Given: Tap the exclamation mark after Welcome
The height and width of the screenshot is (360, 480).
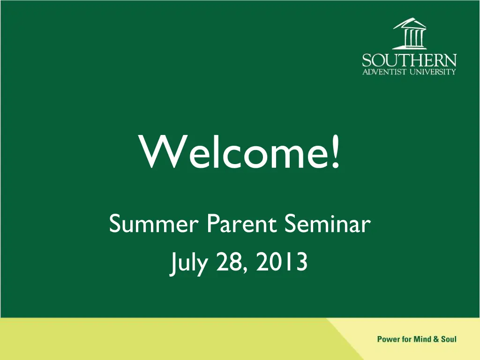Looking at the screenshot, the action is click(336, 152).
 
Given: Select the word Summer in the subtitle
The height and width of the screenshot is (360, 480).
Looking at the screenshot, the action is click(154, 224).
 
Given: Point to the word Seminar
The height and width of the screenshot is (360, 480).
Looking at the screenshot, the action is click(328, 224).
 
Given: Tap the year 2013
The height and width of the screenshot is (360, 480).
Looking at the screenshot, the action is click(282, 262).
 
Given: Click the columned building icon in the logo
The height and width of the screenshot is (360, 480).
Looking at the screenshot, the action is click(410, 33).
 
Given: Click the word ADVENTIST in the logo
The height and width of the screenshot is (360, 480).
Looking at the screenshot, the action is click(384, 72).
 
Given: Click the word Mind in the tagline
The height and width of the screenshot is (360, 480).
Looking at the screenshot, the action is click(422, 339).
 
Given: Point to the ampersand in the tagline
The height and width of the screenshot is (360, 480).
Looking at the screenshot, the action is click(436, 339).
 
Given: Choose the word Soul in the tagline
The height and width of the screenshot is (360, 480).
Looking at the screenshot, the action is click(449, 339).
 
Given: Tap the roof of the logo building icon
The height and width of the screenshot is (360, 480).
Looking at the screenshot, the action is click(410, 23).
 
